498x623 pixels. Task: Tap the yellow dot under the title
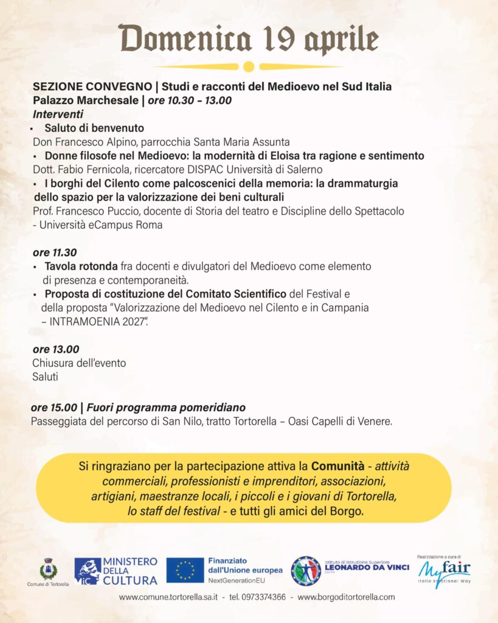pyautogui.click(x=248, y=66)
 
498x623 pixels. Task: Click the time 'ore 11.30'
pyautogui.click(x=55, y=252)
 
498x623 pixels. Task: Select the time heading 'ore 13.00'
pyautogui.click(x=56, y=349)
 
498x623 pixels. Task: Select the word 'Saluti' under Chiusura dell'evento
pyautogui.click(x=45, y=377)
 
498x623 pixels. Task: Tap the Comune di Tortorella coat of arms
pyautogui.click(x=48, y=569)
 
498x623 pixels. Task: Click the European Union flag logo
pyautogui.click(x=185, y=571)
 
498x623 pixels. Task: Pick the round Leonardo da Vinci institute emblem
pyautogui.click(x=305, y=571)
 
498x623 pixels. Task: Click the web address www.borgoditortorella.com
pyautogui.click(x=346, y=597)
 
